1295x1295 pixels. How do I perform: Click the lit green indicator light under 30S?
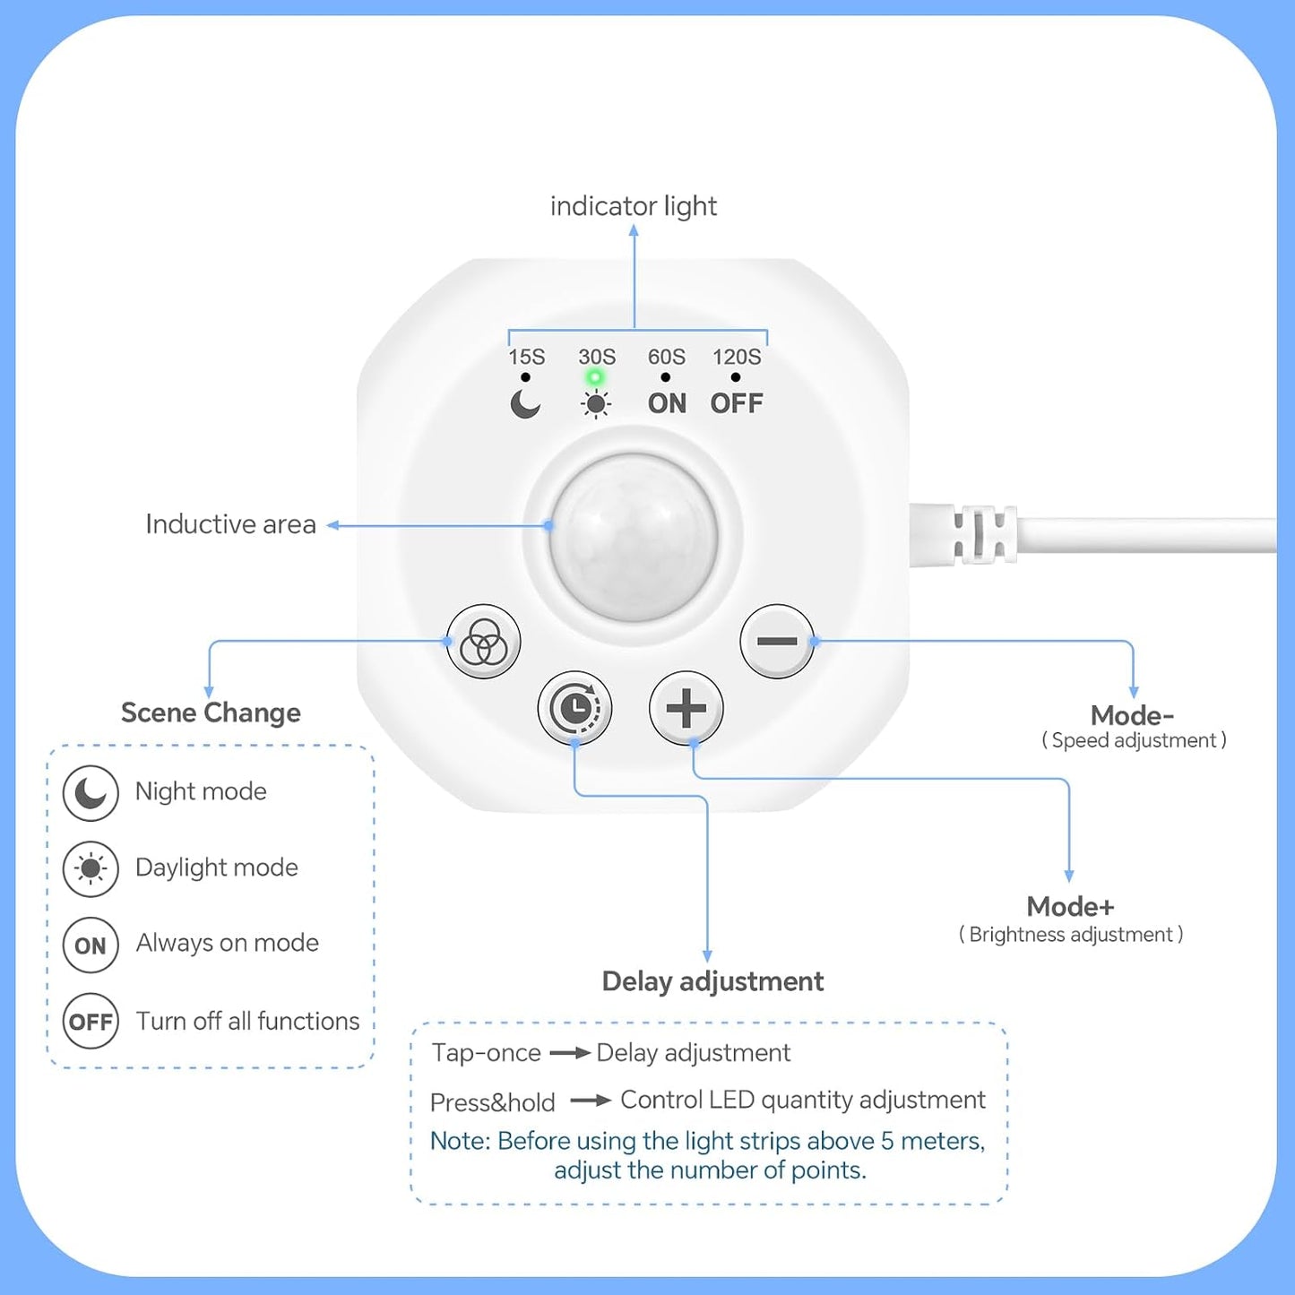(x=595, y=377)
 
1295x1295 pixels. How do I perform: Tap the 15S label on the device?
(x=526, y=356)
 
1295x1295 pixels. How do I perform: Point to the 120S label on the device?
(x=737, y=356)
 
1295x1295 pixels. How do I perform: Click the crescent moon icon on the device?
(x=525, y=404)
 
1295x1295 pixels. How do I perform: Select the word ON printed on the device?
(x=667, y=403)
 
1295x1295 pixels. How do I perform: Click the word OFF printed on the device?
(x=737, y=403)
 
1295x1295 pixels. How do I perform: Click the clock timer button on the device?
(x=574, y=708)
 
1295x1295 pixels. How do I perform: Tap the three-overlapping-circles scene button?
(x=483, y=641)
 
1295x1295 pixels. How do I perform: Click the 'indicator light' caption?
(x=633, y=205)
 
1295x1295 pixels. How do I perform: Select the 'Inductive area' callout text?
(x=230, y=524)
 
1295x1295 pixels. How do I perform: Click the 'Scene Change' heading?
(x=211, y=712)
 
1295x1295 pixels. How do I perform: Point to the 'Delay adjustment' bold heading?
(x=712, y=981)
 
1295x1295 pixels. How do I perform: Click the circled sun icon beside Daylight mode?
(x=91, y=868)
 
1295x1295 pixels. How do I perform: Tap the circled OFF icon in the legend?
(x=91, y=1021)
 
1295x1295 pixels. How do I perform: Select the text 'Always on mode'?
(x=227, y=943)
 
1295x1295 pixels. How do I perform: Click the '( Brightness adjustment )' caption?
(x=1071, y=934)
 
